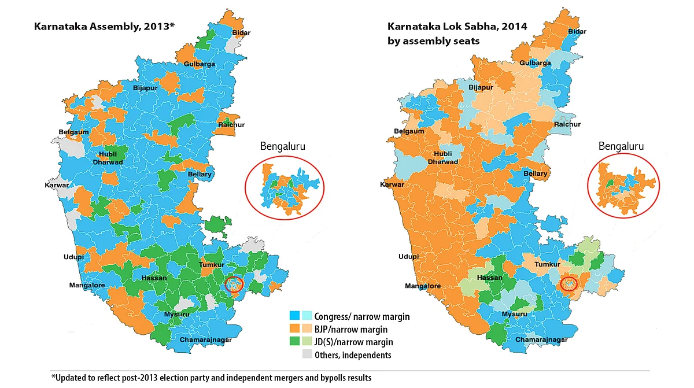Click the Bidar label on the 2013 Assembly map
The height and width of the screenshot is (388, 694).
pyautogui.click(x=241, y=32)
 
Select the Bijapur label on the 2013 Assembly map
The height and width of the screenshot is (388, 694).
pyautogui.click(x=145, y=88)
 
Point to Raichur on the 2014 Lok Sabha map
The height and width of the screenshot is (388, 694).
pyautogui.click(x=567, y=124)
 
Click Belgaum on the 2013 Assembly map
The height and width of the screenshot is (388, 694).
pyautogui.click(x=74, y=132)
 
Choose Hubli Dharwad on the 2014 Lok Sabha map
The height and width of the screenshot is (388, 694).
pyautogui.click(x=444, y=158)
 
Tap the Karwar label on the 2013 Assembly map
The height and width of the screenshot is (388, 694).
pyautogui.click(x=57, y=185)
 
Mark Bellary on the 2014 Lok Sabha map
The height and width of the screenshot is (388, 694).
pyautogui.click(x=535, y=173)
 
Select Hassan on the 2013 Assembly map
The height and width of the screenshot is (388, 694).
pyautogui.click(x=154, y=278)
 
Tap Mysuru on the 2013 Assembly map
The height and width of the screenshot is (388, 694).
pyautogui.click(x=176, y=314)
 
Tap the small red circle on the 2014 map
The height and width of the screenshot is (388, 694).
pyautogui.click(x=570, y=284)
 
